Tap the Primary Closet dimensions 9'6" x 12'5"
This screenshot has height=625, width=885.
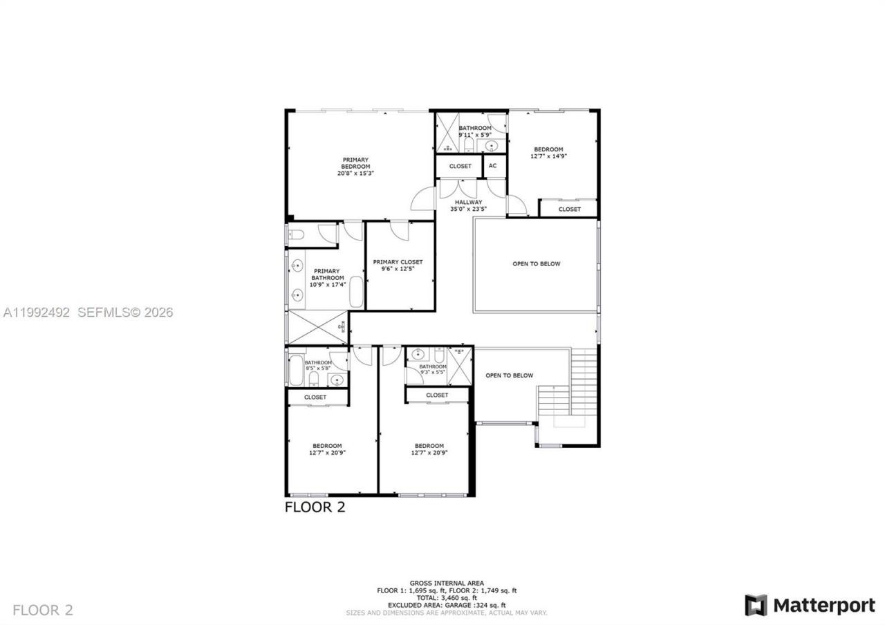click(398, 269)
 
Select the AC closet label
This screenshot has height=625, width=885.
click(493, 166)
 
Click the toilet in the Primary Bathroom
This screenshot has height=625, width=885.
click(295, 235)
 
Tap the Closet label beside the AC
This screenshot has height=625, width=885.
click(460, 166)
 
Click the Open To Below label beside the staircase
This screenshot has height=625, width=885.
click(509, 375)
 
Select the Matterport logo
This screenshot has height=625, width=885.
click(810, 605)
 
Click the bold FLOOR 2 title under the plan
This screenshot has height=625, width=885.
click(315, 507)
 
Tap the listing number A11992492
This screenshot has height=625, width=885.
click(37, 312)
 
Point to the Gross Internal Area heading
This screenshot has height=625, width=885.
click(447, 583)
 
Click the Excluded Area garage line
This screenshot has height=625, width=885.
click(447, 605)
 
